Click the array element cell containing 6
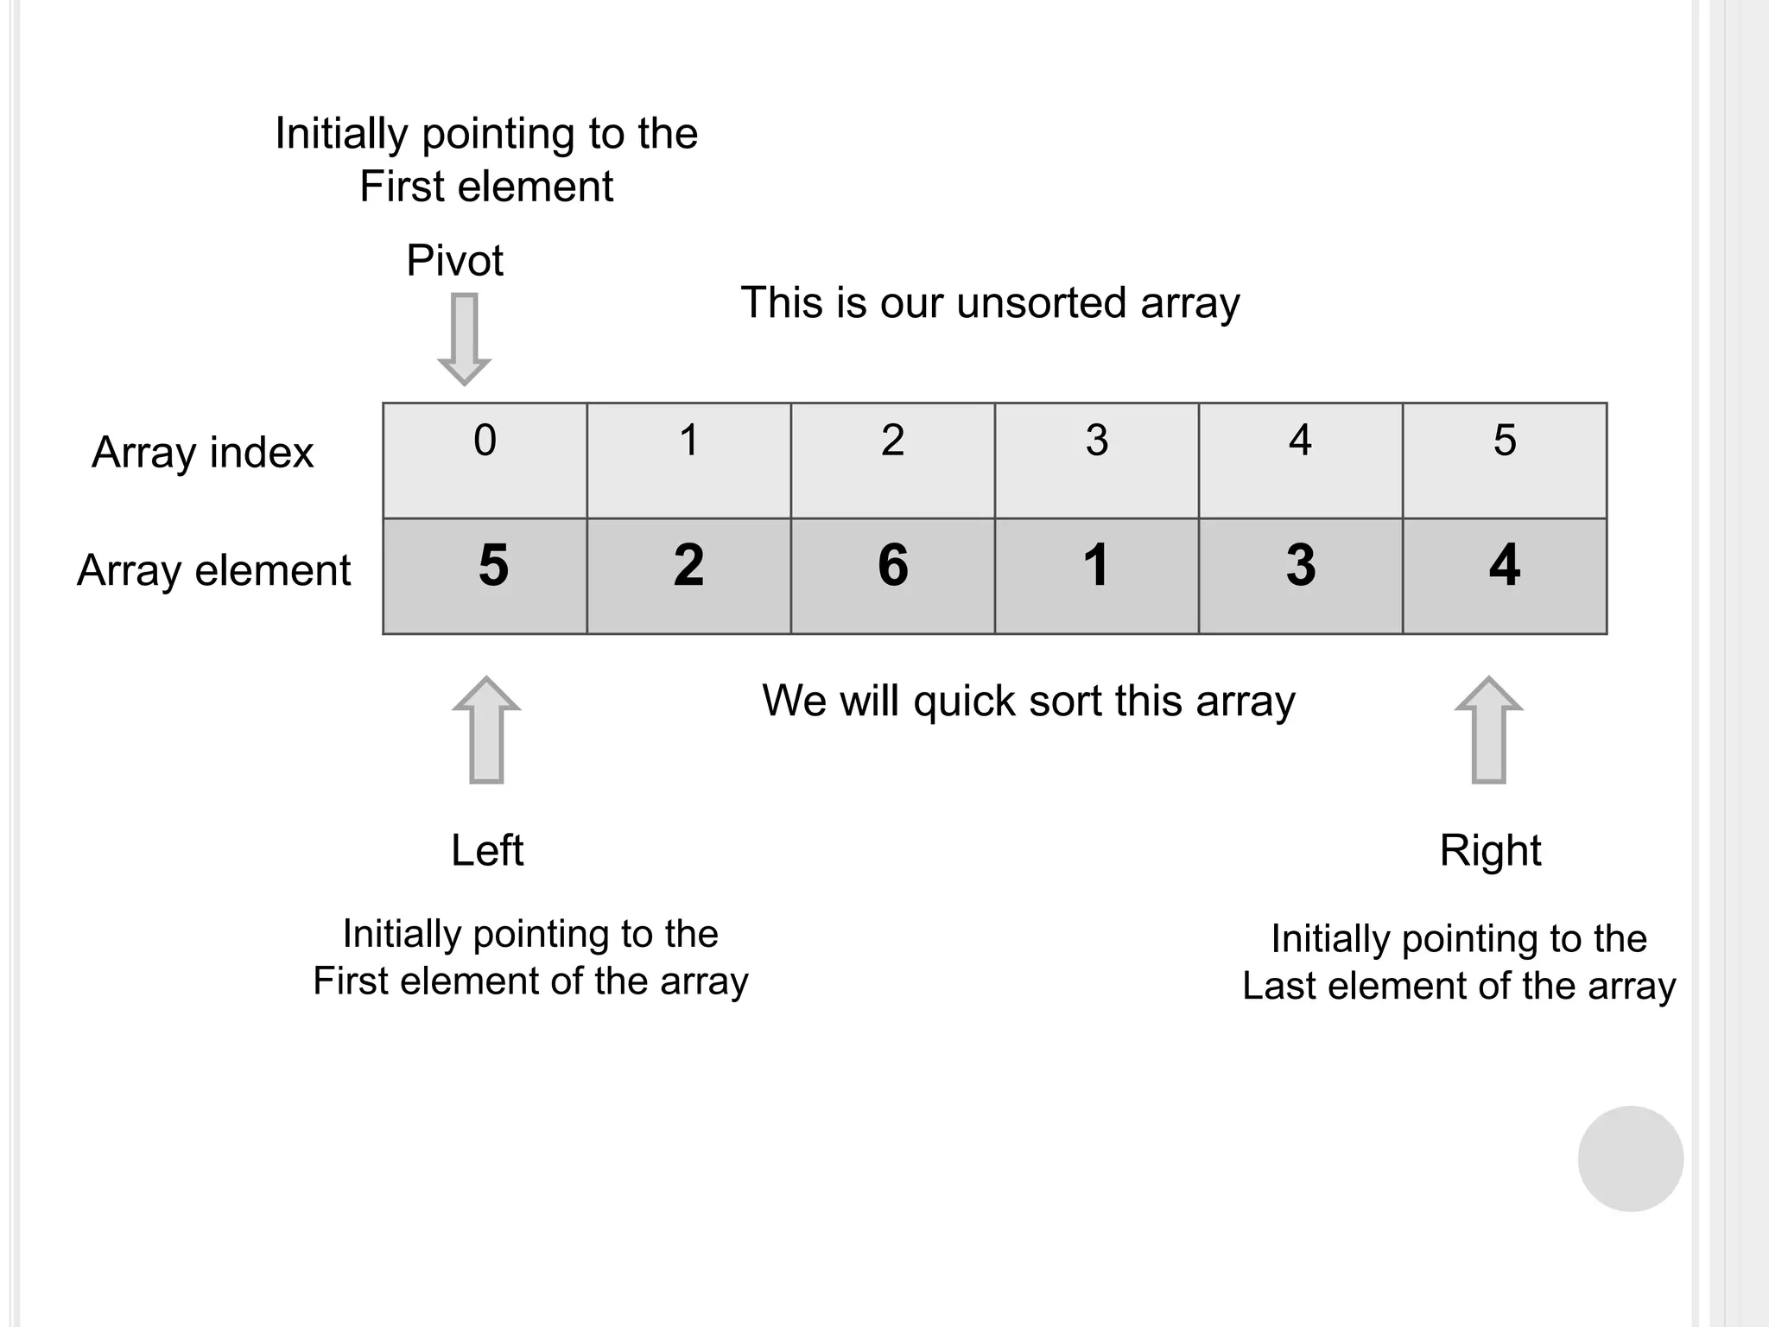[892, 575]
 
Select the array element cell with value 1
[1096, 575]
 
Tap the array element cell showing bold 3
[1300, 575]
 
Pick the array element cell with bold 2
[688, 575]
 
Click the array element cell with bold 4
[1504, 575]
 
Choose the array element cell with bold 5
[485, 575]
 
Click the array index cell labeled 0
[485, 460]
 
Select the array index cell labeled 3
[1096, 460]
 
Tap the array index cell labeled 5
[1504, 460]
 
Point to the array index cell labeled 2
[892, 460]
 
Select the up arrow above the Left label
[487, 730]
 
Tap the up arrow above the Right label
[1488, 730]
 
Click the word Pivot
[454, 260]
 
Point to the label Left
[487, 850]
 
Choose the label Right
[1490, 850]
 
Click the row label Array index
[203, 453]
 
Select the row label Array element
[213, 570]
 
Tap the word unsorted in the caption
[1041, 302]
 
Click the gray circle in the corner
[1630, 1159]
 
